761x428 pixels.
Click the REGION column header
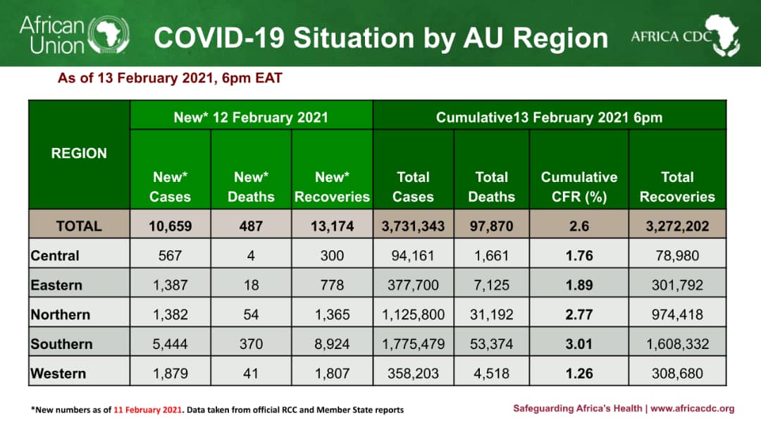(x=79, y=154)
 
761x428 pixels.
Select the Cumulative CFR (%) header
(x=579, y=187)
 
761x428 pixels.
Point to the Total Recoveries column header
(x=676, y=187)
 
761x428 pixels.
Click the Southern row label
(x=61, y=344)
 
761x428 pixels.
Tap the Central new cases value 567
(x=170, y=255)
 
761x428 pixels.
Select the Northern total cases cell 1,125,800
(x=412, y=314)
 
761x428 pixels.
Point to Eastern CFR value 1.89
(x=579, y=285)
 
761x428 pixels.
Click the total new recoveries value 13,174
(x=332, y=226)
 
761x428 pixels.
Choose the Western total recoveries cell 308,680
(x=676, y=373)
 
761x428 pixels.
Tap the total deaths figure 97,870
(x=491, y=226)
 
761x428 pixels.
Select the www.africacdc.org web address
(x=693, y=408)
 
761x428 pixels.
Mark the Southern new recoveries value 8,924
(x=332, y=344)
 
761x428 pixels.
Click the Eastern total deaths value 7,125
(x=491, y=285)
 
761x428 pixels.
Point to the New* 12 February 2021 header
(x=251, y=117)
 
